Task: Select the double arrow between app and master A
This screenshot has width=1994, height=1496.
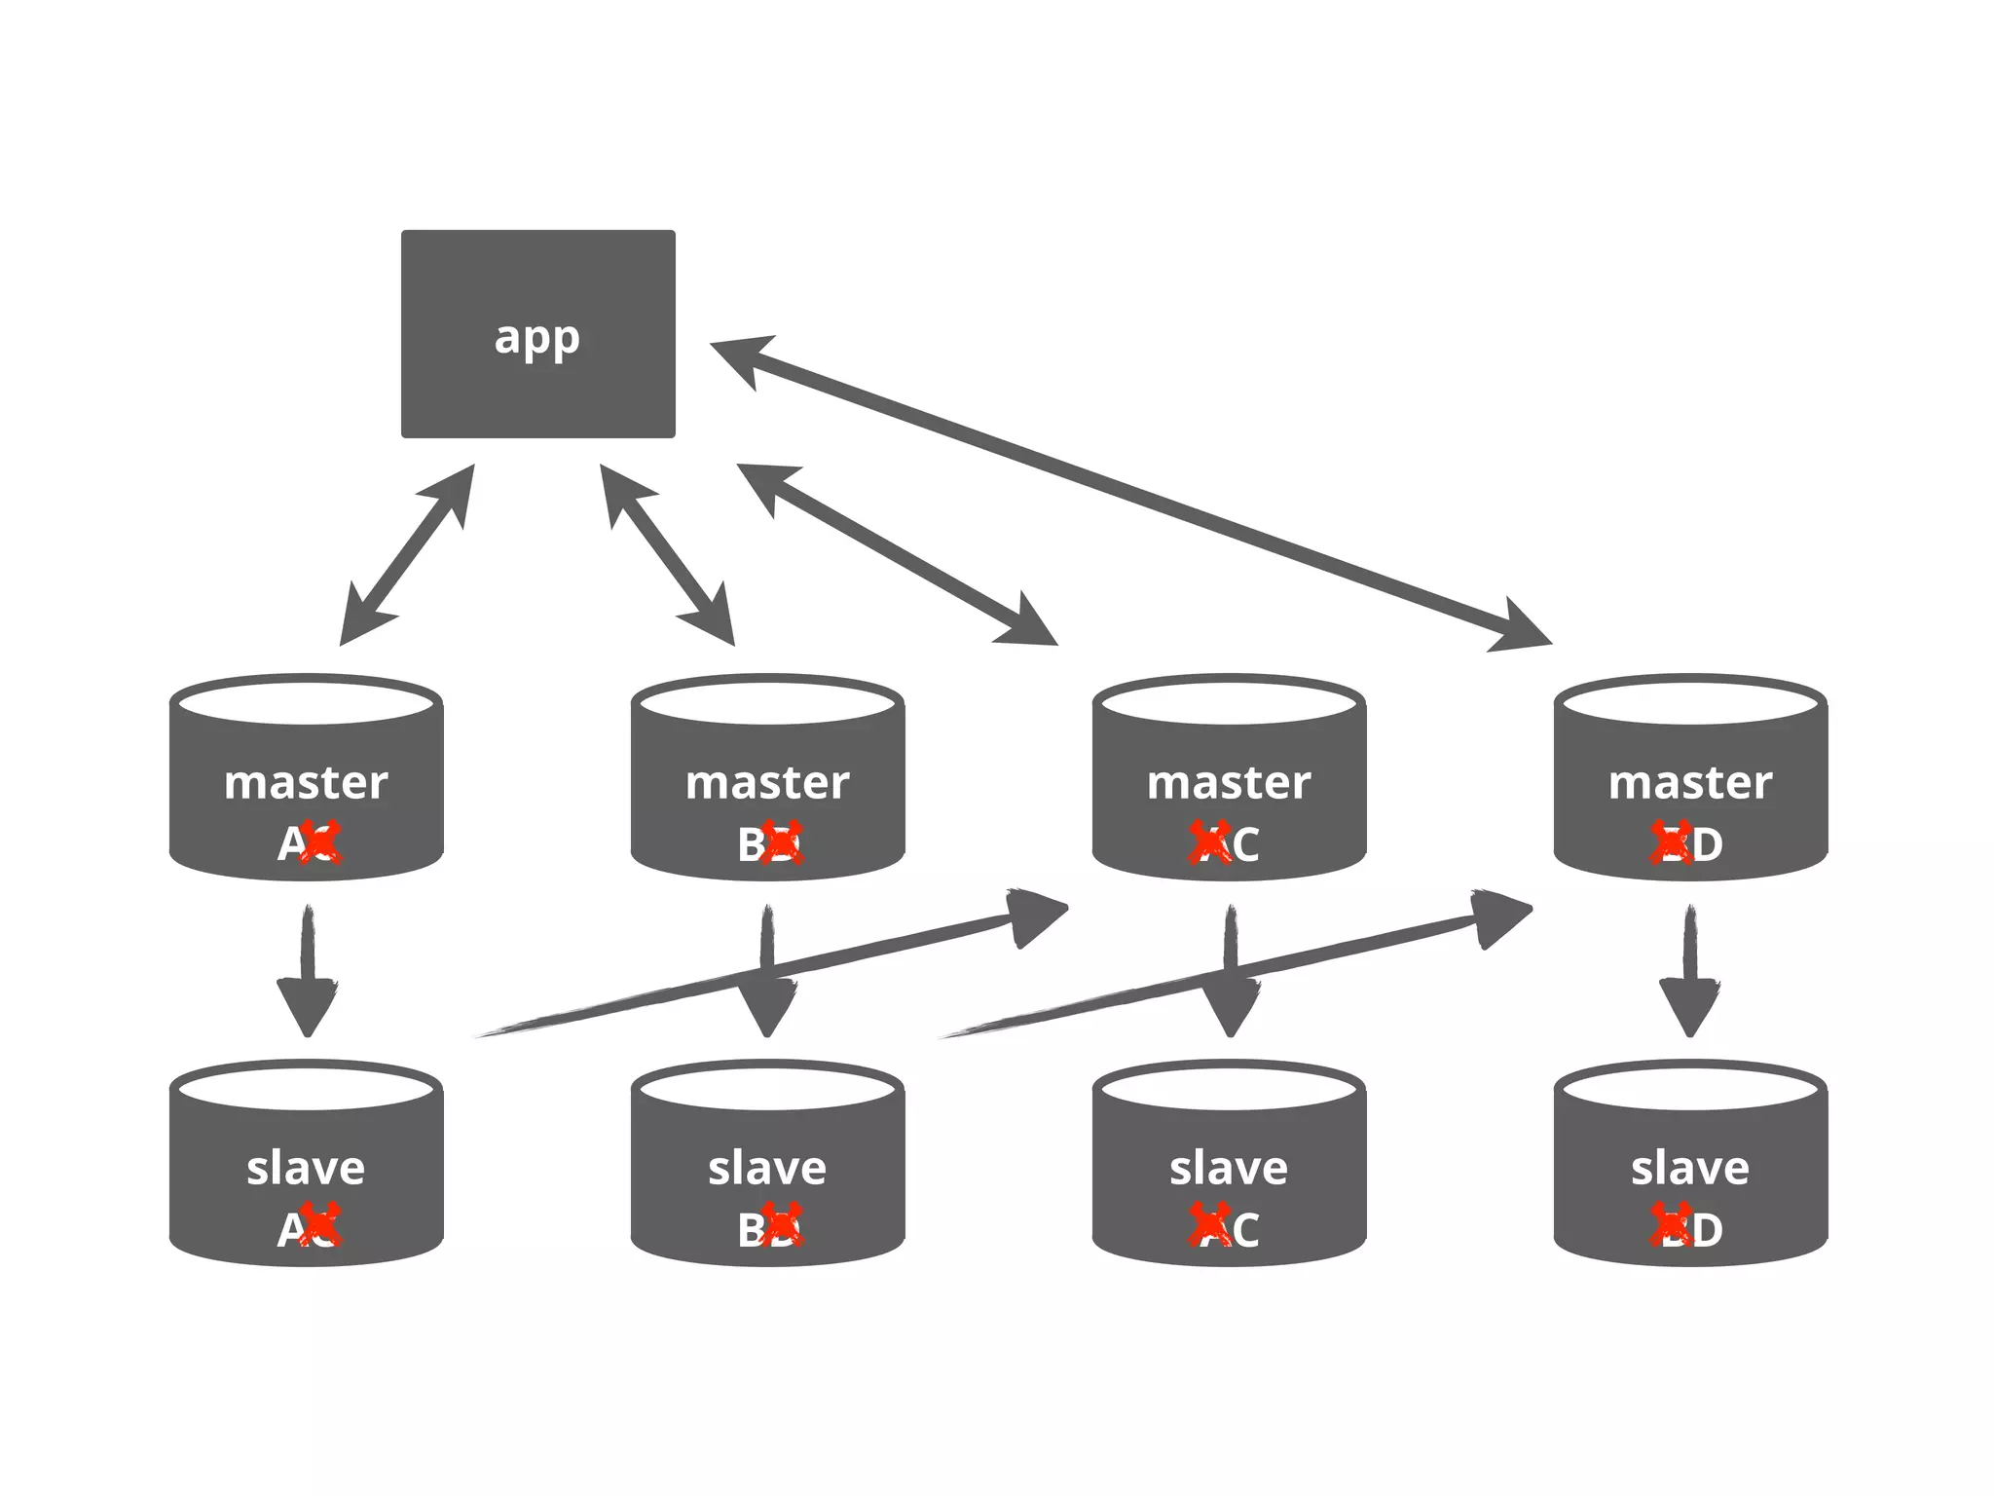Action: [407, 555]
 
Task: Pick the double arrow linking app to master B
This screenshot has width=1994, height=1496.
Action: [667, 555]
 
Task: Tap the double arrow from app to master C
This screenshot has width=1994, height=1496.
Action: [897, 554]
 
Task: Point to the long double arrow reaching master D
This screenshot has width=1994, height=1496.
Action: [1129, 492]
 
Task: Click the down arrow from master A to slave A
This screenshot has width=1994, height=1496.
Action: [308, 974]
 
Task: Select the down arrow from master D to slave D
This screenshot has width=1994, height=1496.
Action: [1689, 974]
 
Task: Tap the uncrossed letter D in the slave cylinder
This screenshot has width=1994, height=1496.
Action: [1707, 1230]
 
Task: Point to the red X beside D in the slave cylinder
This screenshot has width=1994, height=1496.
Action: [1672, 1226]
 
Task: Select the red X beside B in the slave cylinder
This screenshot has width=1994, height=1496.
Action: [782, 1226]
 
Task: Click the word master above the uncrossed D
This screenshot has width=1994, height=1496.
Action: [1689, 783]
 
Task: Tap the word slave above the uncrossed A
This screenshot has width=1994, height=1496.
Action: [306, 1168]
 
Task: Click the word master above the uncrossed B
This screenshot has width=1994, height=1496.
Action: [767, 783]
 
